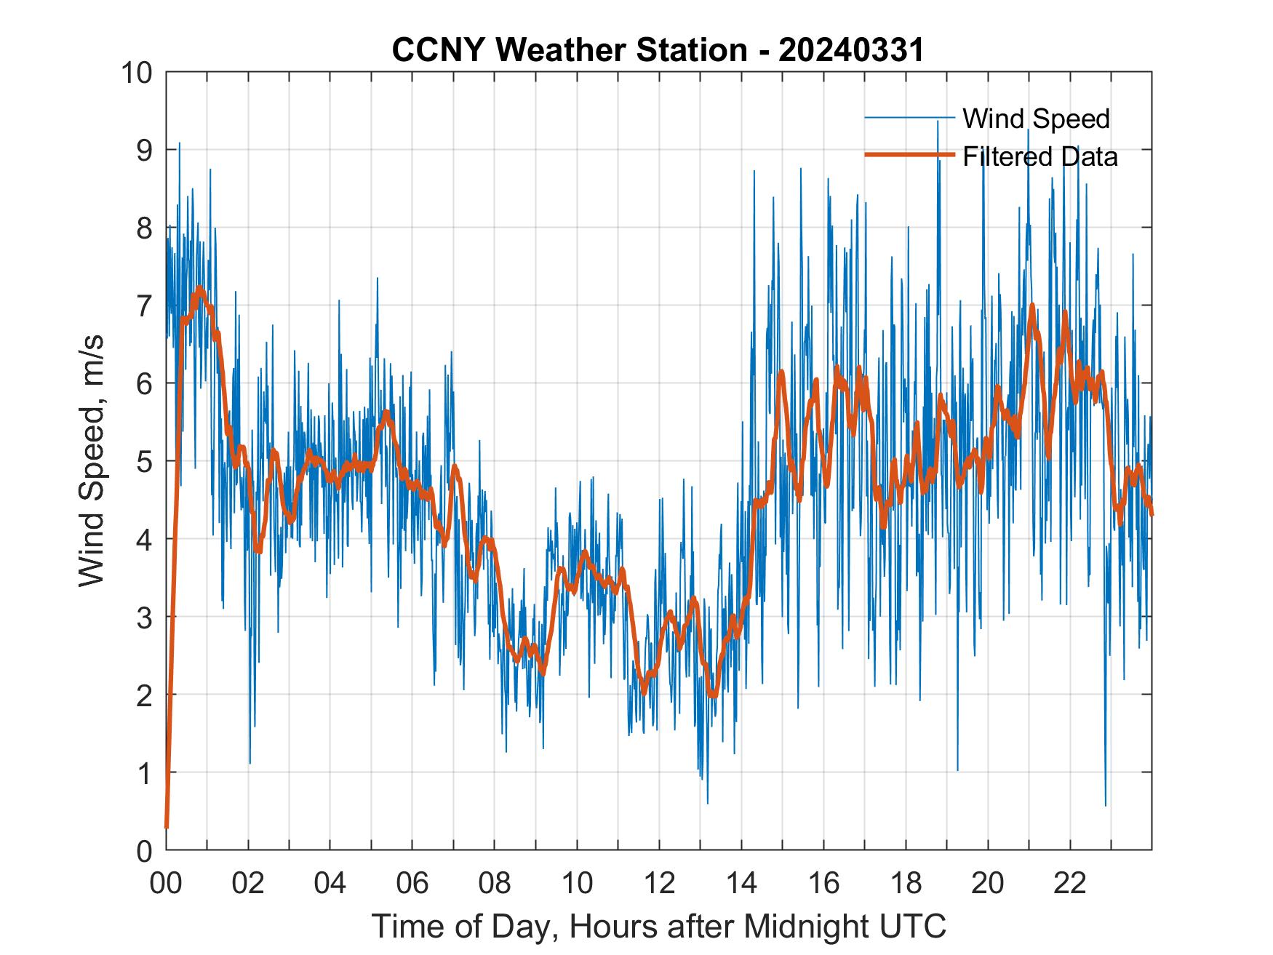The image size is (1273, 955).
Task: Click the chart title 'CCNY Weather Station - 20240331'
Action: point(658,50)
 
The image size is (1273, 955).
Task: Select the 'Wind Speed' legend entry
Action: point(1036,119)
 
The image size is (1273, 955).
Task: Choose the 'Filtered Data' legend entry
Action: point(1039,156)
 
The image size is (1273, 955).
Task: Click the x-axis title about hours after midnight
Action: point(659,927)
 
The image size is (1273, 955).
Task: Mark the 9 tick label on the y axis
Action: point(141,151)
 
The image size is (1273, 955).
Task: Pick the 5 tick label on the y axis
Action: point(141,461)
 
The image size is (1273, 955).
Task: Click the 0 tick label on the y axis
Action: point(141,850)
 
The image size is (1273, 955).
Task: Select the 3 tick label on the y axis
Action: point(141,617)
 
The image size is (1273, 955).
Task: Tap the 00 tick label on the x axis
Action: point(167,884)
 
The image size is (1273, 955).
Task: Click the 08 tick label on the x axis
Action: point(495,884)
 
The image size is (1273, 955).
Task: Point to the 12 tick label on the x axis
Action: point(659,884)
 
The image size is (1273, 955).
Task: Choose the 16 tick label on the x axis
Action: point(823,884)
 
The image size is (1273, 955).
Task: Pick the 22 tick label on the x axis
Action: point(1070,884)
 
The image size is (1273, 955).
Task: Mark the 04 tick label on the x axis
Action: point(330,884)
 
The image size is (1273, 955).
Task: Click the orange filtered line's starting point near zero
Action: point(167,827)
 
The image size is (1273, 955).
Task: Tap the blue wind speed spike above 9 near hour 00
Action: point(179,143)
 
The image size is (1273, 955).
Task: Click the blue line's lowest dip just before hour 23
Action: point(1106,805)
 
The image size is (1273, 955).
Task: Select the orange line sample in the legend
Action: point(909,155)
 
